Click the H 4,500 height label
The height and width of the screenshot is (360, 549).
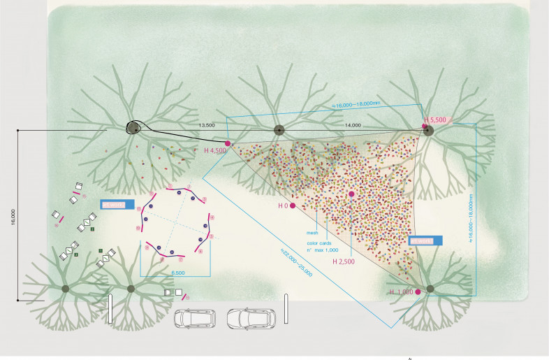[215, 150]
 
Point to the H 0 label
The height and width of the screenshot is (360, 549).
[283, 206]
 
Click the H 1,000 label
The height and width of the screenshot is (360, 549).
[401, 291]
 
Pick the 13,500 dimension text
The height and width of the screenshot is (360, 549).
[207, 125]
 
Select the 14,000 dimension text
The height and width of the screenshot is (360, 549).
[353, 125]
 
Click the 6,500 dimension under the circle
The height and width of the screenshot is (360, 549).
[177, 272]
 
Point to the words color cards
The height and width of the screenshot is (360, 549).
[319, 244]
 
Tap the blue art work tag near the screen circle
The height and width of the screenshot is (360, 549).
[117, 206]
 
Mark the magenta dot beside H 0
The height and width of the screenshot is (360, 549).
[293, 206]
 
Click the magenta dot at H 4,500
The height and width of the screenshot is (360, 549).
[228, 143]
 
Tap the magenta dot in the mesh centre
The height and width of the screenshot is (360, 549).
[351, 194]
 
